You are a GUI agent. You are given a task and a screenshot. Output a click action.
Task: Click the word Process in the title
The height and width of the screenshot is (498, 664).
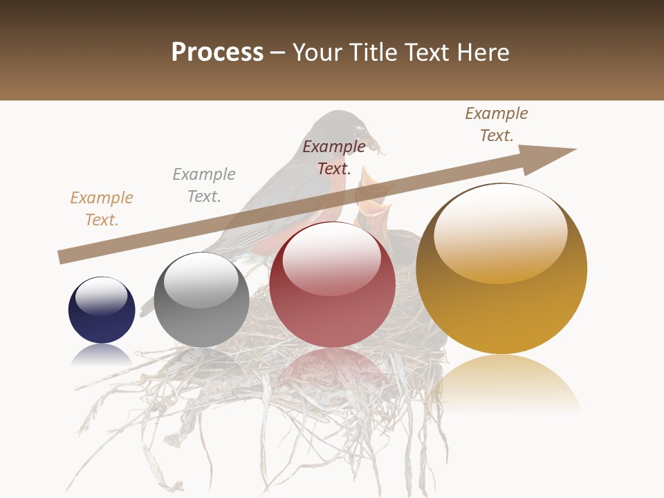tap(217, 53)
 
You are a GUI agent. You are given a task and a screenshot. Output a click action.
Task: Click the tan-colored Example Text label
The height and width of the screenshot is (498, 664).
tap(102, 208)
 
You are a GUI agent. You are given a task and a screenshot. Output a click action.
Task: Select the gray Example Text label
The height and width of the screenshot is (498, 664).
tap(204, 185)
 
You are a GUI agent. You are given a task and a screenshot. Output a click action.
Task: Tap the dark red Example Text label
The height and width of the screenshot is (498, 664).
tap(334, 157)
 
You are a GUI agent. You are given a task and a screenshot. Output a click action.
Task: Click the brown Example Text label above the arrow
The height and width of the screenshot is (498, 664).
tap(497, 124)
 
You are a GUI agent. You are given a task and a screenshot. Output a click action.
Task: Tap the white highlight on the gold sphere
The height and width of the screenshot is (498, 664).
tap(500, 232)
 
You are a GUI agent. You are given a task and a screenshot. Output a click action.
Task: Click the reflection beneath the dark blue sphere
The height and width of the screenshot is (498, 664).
tap(102, 356)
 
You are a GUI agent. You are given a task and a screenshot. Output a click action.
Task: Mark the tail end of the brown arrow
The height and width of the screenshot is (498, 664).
tap(62, 257)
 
